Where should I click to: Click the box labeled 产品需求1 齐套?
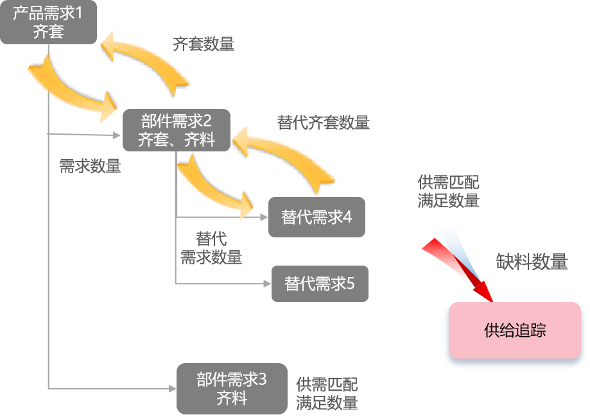coord(48,22)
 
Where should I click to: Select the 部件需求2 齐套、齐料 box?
coord(176,130)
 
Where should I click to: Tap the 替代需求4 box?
coord(317,217)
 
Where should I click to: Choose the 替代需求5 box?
coord(320,284)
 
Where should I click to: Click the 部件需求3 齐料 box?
coord(231,389)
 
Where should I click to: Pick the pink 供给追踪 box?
coord(515,330)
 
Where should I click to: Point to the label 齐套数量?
coord(204,44)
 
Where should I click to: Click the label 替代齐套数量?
coord(323,123)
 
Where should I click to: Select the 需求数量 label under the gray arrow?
coord(90,166)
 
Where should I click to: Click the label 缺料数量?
coord(532,262)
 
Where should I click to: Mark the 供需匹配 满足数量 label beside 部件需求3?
coord(327,393)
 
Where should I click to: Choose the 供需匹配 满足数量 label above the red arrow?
coord(448,191)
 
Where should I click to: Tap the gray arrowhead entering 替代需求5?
coord(266,283)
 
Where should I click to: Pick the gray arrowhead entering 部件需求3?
coord(171,388)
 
